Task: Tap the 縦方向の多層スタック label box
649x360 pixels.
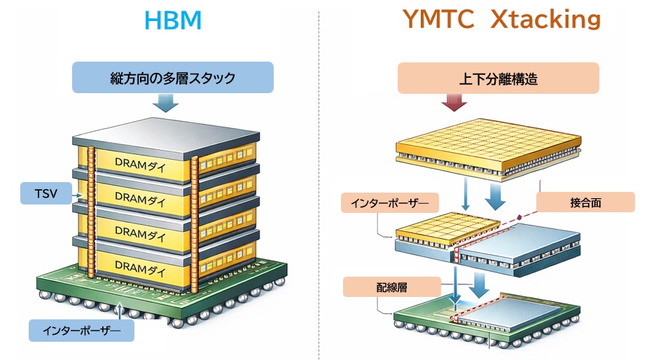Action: tap(172, 78)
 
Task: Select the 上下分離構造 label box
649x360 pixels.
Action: tap(498, 78)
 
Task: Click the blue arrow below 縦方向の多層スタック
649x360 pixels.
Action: tap(166, 104)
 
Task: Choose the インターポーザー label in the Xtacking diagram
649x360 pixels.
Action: tap(389, 203)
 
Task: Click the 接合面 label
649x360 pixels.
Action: tap(585, 202)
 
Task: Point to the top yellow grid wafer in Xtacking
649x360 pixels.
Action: tap(489, 143)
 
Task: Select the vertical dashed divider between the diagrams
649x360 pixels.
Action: tap(319, 182)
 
